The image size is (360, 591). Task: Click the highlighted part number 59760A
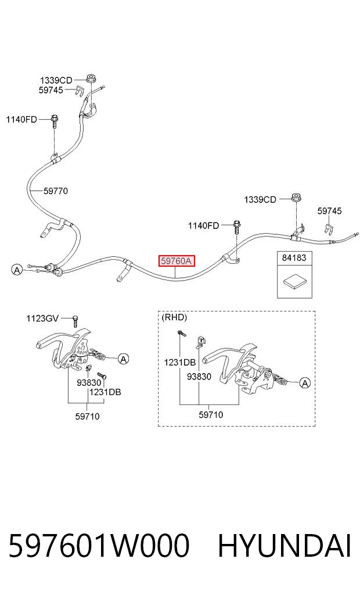pyautogui.click(x=177, y=260)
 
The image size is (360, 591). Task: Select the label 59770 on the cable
pyautogui.click(x=56, y=191)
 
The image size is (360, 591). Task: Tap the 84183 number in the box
pyautogui.click(x=294, y=258)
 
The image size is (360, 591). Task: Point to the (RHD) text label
pyautogui.click(x=174, y=317)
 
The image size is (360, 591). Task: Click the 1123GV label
pyautogui.click(x=42, y=318)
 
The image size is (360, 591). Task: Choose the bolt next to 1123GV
pyautogui.click(x=75, y=321)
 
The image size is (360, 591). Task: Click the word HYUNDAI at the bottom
pyautogui.click(x=285, y=546)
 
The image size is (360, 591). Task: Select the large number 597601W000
pyautogui.click(x=99, y=546)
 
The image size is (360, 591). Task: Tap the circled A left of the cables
pyautogui.click(x=17, y=270)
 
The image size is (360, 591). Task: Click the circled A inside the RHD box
pyautogui.click(x=305, y=384)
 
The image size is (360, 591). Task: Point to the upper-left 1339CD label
pyautogui.click(x=56, y=80)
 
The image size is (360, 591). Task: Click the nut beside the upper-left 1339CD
pyautogui.click(x=91, y=79)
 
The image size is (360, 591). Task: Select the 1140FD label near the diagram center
pyautogui.click(x=203, y=226)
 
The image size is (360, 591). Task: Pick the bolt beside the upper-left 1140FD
pyautogui.click(x=54, y=120)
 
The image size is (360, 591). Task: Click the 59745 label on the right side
pyautogui.click(x=329, y=211)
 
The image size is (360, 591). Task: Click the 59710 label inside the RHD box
pyautogui.click(x=211, y=414)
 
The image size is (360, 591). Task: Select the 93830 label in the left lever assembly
pyautogui.click(x=89, y=383)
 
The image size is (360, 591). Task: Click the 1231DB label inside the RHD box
pyautogui.click(x=180, y=363)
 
